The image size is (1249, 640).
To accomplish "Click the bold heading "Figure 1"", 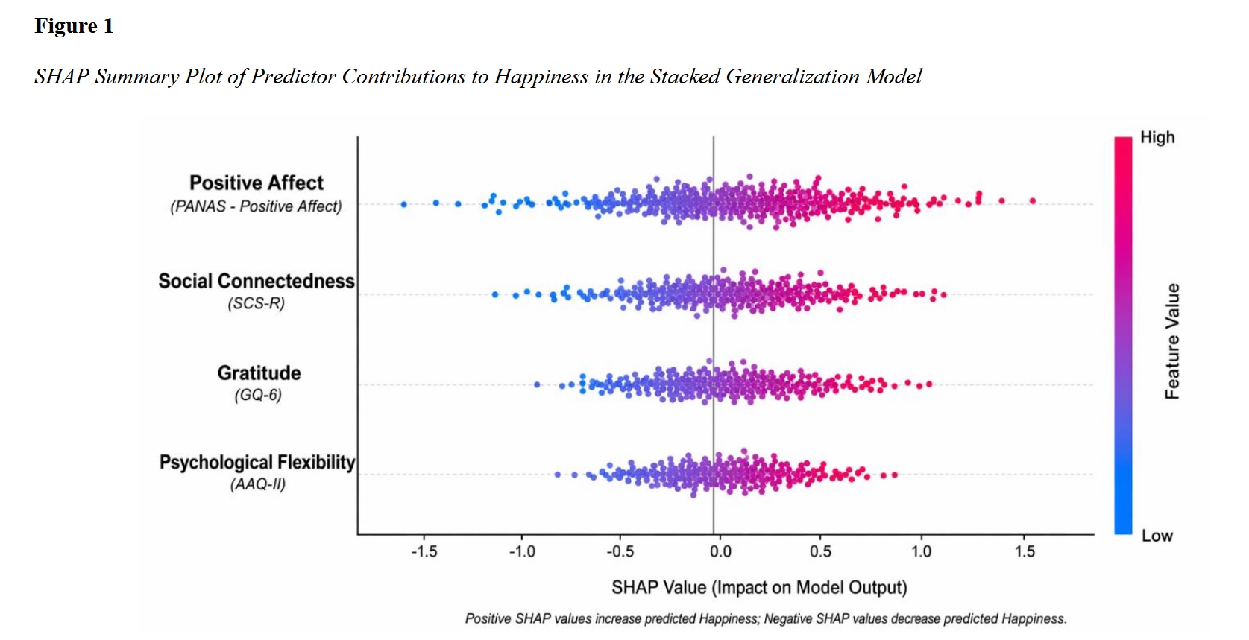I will [x=74, y=26].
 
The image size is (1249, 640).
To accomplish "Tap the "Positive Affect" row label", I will [x=256, y=183].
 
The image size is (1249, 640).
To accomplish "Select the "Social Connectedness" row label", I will [x=256, y=282].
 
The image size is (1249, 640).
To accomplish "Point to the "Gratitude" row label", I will [x=259, y=373].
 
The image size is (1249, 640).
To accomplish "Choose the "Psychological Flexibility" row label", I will [x=257, y=463].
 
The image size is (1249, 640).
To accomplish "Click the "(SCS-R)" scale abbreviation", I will [x=257, y=303].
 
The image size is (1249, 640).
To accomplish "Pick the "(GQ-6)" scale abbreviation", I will [x=258, y=395].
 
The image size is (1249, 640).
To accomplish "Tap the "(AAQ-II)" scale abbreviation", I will [x=258, y=484].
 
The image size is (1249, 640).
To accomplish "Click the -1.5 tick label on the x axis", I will [x=424, y=552].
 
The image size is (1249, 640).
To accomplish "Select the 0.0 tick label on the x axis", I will [x=720, y=552].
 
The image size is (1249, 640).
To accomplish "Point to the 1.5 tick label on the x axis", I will [x=1025, y=552].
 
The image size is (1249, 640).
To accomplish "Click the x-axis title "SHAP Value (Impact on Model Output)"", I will [x=759, y=588].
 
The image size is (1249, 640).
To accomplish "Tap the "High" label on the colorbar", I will [x=1157, y=138].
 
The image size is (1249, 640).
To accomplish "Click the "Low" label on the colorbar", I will [x=1157, y=536].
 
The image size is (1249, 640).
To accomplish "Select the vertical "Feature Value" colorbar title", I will [x=1172, y=341].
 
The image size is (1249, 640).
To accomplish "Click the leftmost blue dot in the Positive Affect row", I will [x=404, y=204].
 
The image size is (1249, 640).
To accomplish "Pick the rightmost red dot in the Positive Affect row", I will [x=1033, y=200].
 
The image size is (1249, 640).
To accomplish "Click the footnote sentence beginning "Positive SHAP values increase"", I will [x=766, y=619].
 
